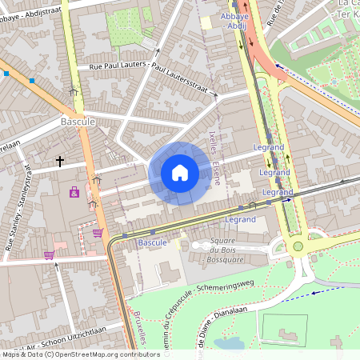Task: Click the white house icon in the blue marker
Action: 180,173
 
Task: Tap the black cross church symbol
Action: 60,162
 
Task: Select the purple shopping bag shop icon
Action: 74,192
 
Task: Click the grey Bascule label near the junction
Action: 78,122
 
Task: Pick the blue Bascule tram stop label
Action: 152,242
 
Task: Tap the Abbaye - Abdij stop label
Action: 236,20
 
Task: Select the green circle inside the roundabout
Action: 298,246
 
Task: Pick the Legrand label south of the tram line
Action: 240,218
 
